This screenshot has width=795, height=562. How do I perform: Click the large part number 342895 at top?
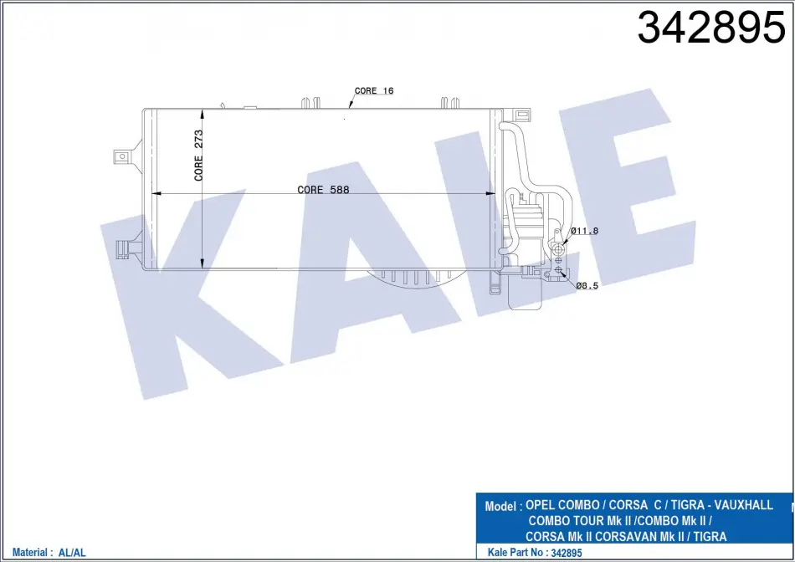(x=711, y=28)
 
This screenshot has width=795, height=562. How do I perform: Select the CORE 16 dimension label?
(x=374, y=90)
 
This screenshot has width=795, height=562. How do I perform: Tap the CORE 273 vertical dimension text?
(x=198, y=155)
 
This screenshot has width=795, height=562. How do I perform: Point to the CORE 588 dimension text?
(x=323, y=190)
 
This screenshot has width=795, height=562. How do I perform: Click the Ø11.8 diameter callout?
(x=585, y=231)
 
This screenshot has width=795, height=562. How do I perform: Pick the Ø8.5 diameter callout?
(x=587, y=285)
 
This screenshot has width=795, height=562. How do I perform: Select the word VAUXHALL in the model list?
(x=744, y=505)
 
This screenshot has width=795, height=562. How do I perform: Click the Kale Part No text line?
(x=535, y=552)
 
